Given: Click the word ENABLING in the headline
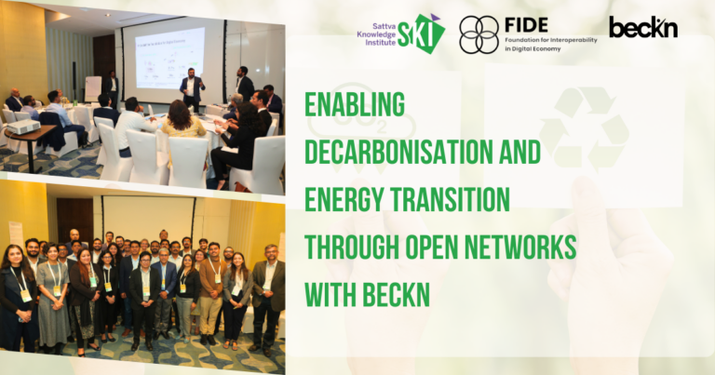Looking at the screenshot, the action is [x=355, y=104].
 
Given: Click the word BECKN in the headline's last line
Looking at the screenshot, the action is [x=397, y=294].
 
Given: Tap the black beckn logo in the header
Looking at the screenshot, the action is [x=643, y=27].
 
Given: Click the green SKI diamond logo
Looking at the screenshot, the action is [x=422, y=33].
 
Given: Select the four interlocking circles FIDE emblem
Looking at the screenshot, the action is [x=479, y=34].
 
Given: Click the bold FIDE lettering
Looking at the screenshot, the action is [x=526, y=24].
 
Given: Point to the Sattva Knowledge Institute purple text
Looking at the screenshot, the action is [x=376, y=34].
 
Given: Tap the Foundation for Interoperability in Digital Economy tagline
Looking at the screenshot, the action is [x=551, y=44].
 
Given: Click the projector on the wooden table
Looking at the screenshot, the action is [x=22, y=127].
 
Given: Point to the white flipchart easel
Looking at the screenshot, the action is [x=93, y=88].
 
